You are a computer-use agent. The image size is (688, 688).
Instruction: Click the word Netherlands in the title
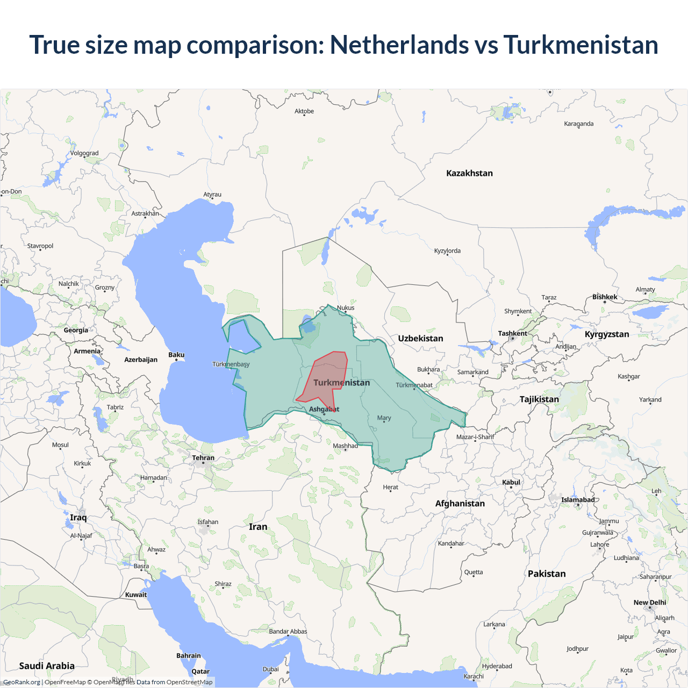(x=399, y=45)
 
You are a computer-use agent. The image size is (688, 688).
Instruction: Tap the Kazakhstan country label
(x=469, y=173)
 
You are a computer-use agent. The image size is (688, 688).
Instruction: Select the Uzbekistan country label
(x=420, y=338)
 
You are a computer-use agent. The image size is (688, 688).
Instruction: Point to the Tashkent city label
(x=512, y=333)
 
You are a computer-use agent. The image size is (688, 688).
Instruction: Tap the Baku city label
(x=176, y=355)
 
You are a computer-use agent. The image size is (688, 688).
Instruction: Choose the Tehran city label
(x=203, y=458)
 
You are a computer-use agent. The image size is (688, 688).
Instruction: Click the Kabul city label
(x=511, y=482)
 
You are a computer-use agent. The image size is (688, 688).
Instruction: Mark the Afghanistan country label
(x=460, y=503)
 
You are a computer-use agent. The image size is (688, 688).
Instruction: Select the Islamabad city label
(x=578, y=500)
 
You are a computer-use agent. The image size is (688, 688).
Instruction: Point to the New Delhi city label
(x=649, y=603)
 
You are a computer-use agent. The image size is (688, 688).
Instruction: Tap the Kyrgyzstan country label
(x=606, y=334)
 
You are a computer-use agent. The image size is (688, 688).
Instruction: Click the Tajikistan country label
(x=539, y=399)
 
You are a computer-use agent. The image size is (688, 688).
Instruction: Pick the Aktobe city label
(x=304, y=111)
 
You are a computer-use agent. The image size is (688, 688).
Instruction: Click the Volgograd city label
(x=84, y=153)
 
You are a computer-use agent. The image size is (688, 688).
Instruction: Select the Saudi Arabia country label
(x=47, y=665)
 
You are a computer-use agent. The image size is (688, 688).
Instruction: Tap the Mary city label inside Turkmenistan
(x=384, y=418)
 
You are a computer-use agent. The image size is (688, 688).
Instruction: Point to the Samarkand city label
(x=472, y=372)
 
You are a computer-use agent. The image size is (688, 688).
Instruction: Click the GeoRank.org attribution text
(x=21, y=682)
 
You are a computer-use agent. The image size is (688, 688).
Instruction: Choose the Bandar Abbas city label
(x=288, y=632)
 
